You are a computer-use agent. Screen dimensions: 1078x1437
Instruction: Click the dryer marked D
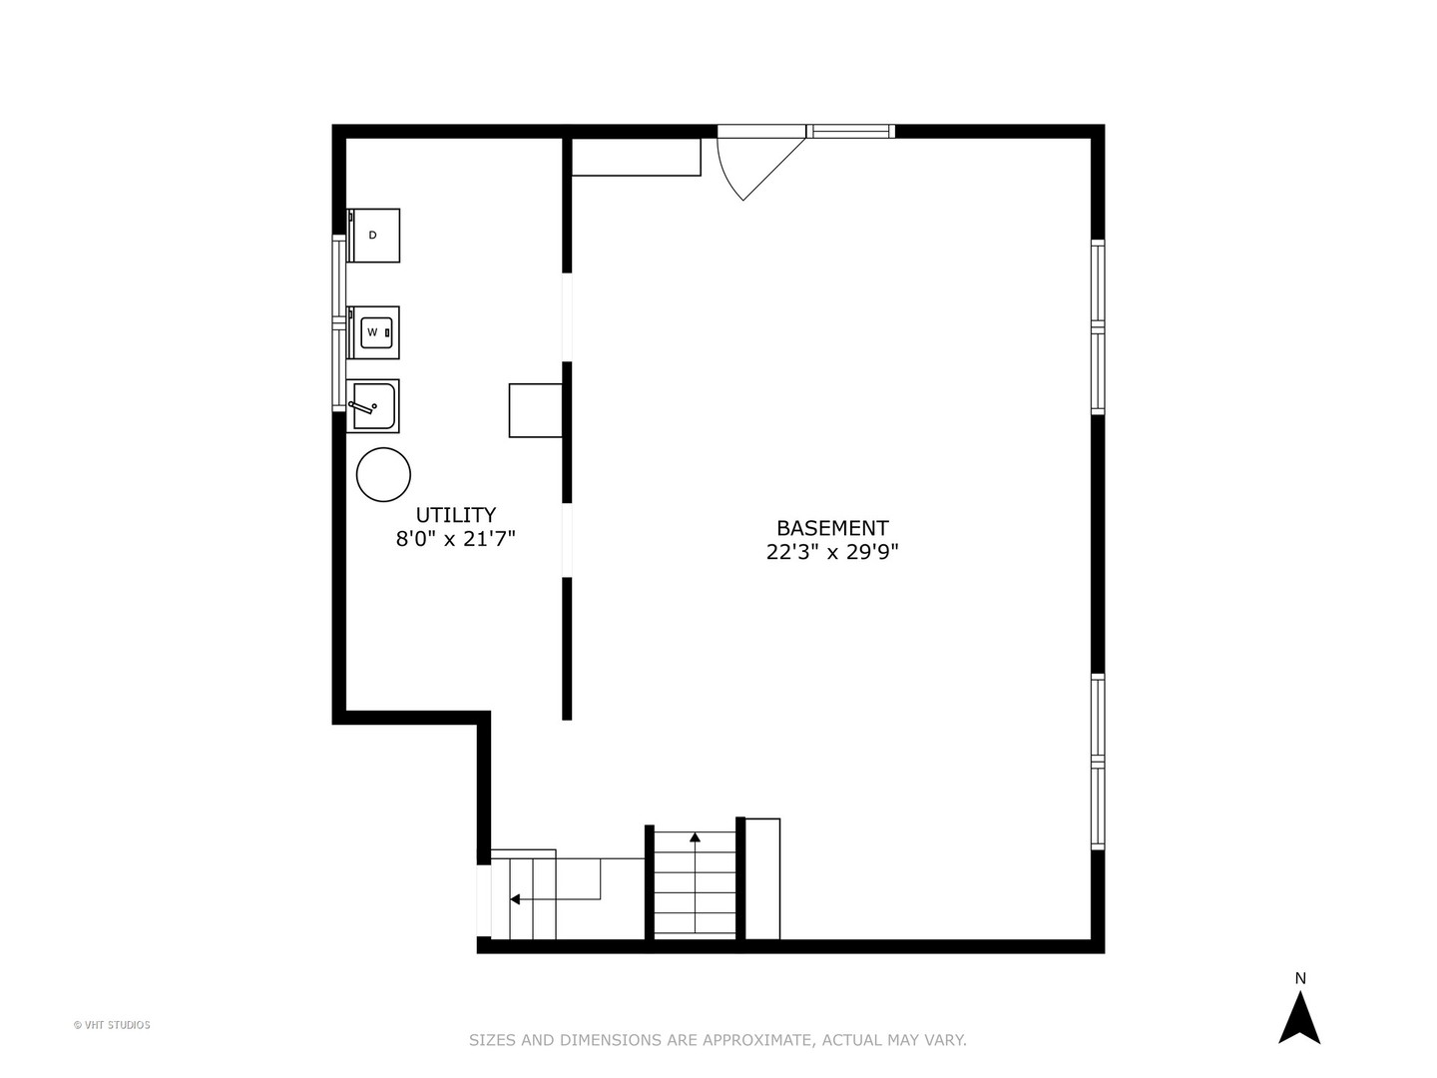(x=373, y=236)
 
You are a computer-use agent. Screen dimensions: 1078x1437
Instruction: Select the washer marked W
(x=373, y=332)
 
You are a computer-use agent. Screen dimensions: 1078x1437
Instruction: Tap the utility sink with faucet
(x=373, y=406)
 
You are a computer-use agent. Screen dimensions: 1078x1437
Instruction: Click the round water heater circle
(x=383, y=475)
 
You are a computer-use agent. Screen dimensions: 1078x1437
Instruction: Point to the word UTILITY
(x=455, y=515)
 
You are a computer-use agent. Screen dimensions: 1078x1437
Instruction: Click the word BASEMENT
(x=832, y=528)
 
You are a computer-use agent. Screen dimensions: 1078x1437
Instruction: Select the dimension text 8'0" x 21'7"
(x=455, y=540)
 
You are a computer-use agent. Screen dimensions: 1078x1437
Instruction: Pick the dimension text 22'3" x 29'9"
(x=832, y=552)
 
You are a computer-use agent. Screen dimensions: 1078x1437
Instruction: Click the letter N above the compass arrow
(x=1300, y=978)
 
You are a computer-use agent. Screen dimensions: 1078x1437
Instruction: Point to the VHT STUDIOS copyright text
(x=112, y=1025)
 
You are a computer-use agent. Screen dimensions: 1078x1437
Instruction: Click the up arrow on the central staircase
(x=695, y=837)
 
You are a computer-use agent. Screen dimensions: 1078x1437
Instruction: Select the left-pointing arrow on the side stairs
(x=515, y=899)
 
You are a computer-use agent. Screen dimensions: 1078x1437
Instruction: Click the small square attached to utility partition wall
(x=536, y=410)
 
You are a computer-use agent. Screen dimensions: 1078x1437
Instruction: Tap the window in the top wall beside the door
(x=850, y=131)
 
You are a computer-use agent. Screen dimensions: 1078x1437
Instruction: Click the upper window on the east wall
(x=1097, y=326)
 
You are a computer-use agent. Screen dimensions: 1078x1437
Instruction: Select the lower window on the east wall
(x=1097, y=762)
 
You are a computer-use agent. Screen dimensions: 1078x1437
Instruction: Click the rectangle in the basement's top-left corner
(x=636, y=157)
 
